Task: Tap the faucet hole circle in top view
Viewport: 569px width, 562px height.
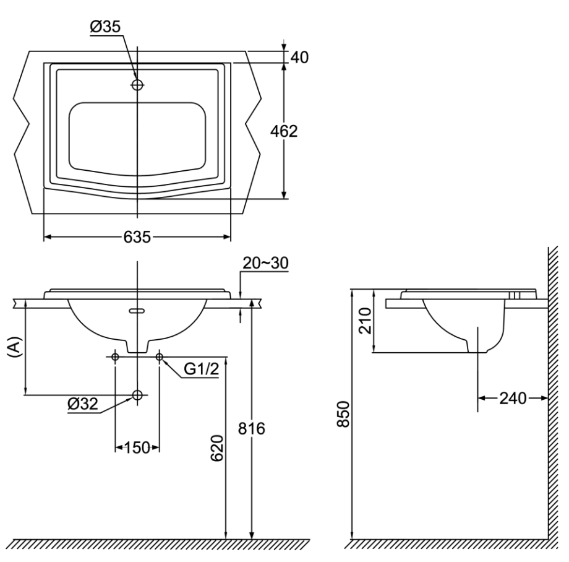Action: pyautogui.click(x=137, y=85)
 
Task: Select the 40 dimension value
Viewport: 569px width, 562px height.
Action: pyautogui.click(x=299, y=57)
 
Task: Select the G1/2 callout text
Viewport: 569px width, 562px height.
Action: pyautogui.click(x=201, y=370)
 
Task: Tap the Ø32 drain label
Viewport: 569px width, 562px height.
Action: pyautogui.click(x=83, y=404)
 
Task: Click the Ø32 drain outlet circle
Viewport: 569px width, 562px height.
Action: pyautogui.click(x=137, y=395)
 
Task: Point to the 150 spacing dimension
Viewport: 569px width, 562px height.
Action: pyautogui.click(x=137, y=447)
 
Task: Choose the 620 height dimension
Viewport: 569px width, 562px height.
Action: pyautogui.click(x=216, y=447)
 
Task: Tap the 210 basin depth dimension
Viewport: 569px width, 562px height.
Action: pyautogui.click(x=365, y=320)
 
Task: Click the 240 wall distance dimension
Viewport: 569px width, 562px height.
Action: pyautogui.click(x=512, y=399)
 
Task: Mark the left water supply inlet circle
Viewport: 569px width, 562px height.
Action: pyautogui.click(x=115, y=357)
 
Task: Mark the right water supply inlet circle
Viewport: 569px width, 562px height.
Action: pyautogui.click(x=160, y=357)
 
